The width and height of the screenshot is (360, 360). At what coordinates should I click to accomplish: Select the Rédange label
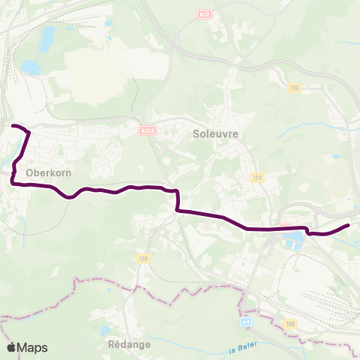pos(130,344)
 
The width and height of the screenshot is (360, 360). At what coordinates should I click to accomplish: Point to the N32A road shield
pos(147,130)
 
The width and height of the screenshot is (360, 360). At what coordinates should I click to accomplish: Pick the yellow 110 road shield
pos(294,88)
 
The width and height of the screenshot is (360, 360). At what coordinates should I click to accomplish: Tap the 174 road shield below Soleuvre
pos(258,178)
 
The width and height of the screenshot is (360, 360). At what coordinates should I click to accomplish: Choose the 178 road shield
pos(144,259)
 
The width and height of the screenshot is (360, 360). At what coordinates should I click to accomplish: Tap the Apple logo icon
pos(11,347)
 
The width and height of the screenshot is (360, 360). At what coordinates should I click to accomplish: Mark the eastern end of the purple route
pos(349,225)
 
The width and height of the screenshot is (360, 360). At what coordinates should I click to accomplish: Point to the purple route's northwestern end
pos(14,125)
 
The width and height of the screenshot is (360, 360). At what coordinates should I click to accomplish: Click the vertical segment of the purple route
pos(177,202)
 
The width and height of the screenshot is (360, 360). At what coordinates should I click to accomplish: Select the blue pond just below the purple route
pos(295,239)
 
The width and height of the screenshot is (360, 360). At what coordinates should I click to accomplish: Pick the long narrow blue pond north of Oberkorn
pos(49,35)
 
